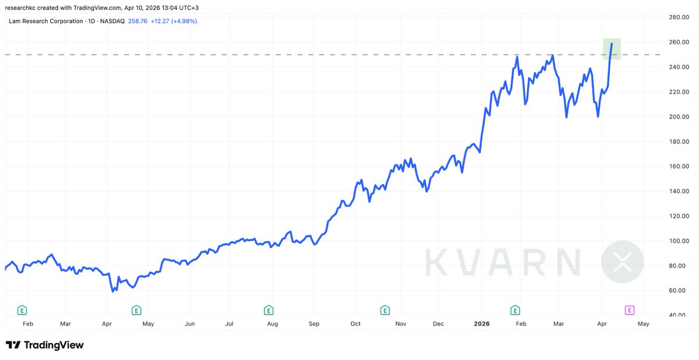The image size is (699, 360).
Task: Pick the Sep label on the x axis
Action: [x=314, y=323]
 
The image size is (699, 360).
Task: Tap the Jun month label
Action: [x=189, y=323]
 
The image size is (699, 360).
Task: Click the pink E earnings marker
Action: [x=630, y=309]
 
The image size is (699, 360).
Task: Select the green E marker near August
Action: [x=269, y=309]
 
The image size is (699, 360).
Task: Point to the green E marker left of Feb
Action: [x=22, y=309]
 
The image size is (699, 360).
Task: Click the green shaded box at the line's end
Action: [x=612, y=49]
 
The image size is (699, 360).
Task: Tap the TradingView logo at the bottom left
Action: [x=45, y=345]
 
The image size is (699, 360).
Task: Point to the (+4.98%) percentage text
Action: [x=183, y=21]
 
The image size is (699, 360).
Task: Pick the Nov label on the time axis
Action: [x=400, y=323]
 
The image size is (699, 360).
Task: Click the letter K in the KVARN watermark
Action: [x=435, y=262]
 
